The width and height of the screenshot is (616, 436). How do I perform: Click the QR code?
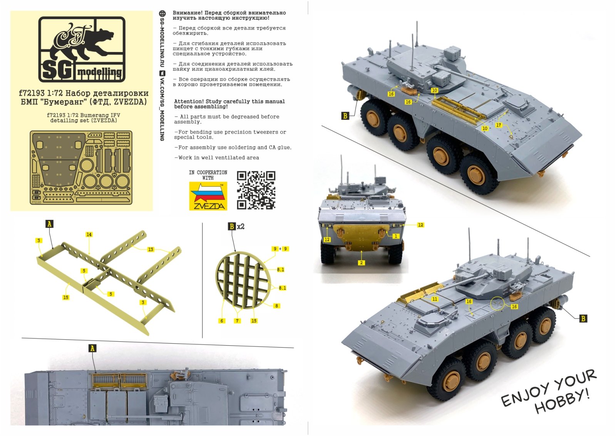[256, 190]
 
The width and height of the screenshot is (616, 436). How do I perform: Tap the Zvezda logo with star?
[208, 196]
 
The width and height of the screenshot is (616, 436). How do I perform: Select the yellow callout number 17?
[499, 125]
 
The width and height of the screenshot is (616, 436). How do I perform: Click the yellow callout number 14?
[89, 235]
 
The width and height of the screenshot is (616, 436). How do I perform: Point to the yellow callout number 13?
[151, 250]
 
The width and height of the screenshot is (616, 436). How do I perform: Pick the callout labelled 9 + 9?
[280, 249]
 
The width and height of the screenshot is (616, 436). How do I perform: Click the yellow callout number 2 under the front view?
[361, 263]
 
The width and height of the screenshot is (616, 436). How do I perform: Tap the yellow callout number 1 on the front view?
[395, 236]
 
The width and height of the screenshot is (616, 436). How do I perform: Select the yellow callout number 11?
[435, 299]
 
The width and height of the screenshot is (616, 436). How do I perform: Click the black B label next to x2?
[232, 226]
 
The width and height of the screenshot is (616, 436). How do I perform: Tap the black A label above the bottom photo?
[92, 349]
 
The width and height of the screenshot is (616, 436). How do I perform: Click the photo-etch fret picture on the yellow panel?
[81, 167]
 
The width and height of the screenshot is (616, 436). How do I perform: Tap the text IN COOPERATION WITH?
[208, 175]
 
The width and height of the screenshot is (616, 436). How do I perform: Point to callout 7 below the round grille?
[237, 321]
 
